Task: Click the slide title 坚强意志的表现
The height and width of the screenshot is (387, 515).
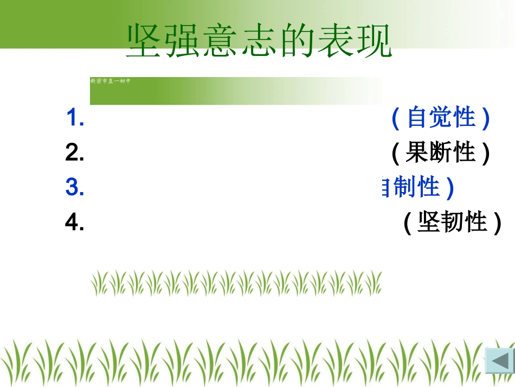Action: point(259,41)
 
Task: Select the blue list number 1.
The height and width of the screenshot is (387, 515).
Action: point(74,118)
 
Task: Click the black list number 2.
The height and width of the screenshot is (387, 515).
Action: point(74,154)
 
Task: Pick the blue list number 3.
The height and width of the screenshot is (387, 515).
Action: point(74,188)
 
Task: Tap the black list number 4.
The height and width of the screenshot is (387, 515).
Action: point(74,223)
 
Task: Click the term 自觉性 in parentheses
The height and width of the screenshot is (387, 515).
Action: point(441,118)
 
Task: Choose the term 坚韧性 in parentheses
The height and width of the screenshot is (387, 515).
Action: point(453,222)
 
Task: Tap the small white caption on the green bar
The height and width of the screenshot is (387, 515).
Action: point(110,81)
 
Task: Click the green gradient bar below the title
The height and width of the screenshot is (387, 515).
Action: point(235,91)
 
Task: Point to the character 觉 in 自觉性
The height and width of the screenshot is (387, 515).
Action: point(441,118)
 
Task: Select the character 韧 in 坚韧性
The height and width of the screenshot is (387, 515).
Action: point(453,222)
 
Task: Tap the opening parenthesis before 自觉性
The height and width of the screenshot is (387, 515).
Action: point(396,118)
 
